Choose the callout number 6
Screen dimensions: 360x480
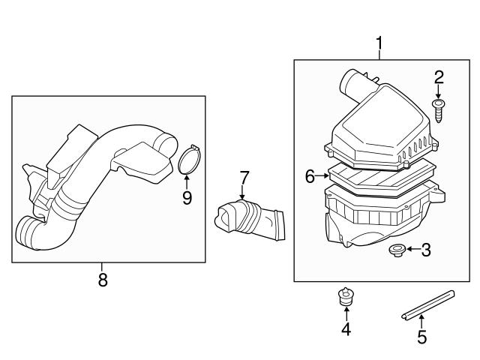pyautogui.click(x=310, y=176)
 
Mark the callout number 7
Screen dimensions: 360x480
pyautogui.click(x=244, y=178)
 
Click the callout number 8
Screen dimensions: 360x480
pyautogui.click(x=103, y=280)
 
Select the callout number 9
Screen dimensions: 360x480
pyautogui.click(x=187, y=198)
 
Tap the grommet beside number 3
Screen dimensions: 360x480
pyautogui.click(x=396, y=249)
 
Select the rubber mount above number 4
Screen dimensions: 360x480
pyautogui.click(x=345, y=298)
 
